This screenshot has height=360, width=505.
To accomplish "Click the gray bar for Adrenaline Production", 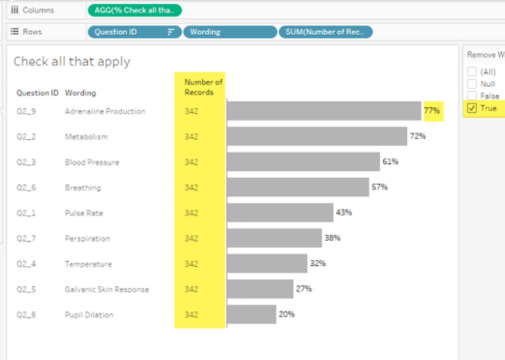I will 323,111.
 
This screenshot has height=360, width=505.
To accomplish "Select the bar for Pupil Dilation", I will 251,314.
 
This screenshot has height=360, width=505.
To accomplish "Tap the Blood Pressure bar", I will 303,162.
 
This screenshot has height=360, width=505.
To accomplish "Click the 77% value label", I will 432,111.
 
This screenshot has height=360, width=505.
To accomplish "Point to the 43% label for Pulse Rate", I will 344,212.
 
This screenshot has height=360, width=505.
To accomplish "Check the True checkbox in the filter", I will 472,108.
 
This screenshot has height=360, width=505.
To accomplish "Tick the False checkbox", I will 472,96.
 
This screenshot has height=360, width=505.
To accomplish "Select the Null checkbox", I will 472,84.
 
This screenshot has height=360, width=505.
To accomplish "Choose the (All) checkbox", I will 472,72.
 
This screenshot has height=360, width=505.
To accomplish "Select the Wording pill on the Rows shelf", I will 229,32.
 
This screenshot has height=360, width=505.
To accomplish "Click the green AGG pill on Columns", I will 134,10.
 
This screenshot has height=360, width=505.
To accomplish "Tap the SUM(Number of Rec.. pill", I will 326,32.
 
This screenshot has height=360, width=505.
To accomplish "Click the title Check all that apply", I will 71,61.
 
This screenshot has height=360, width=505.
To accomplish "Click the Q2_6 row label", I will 27,187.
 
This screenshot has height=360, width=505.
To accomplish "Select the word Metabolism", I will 86,137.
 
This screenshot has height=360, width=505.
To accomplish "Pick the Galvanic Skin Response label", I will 106,289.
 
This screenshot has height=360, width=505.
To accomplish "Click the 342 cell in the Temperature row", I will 191,264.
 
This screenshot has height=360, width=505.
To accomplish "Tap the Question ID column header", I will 37,93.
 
